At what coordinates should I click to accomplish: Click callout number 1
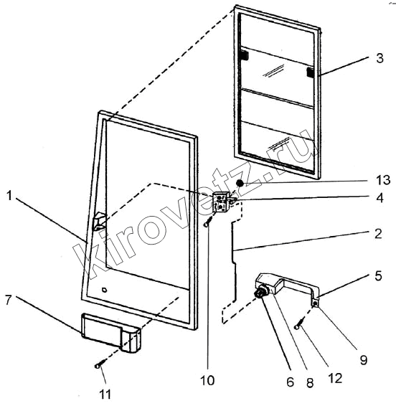click(9, 196)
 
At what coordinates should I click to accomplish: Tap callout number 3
click(379, 58)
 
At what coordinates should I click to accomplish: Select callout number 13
click(383, 180)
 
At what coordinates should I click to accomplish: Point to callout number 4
click(379, 198)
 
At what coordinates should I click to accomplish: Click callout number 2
click(378, 234)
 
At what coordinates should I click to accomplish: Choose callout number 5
click(378, 275)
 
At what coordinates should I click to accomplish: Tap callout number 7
click(9, 300)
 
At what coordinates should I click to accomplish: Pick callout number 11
click(105, 395)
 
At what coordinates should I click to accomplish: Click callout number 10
click(207, 380)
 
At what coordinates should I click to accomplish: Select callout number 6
click(290, 382)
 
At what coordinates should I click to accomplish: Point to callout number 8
click(310, 383)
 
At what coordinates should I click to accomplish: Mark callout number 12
click(335, 378)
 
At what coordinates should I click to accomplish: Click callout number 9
click(364, 359)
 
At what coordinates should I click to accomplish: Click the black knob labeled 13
click(240, 184)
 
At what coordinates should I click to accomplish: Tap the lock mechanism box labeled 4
click(220, 202)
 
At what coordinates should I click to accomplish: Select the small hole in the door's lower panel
click(104, 290)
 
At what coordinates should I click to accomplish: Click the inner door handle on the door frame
click(99, 221)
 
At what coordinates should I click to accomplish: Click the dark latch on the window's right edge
click(310, 72)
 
